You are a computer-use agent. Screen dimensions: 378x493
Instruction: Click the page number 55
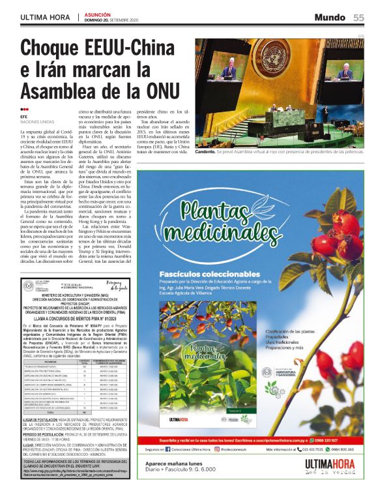358,17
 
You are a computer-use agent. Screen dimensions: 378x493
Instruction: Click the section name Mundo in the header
330,17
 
